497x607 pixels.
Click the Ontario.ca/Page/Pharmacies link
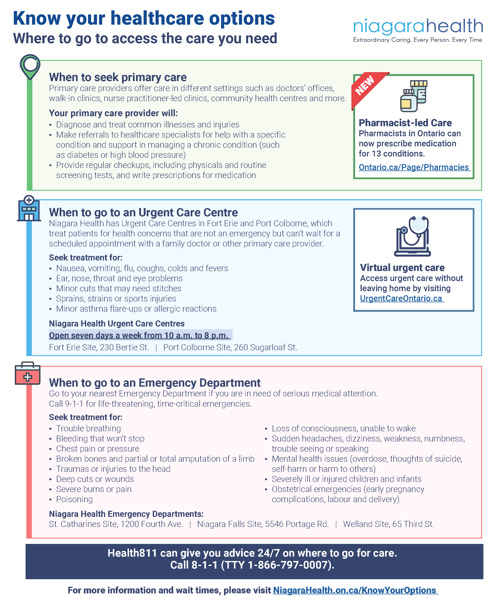tap(414, 167)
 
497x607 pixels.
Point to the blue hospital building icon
tap(29, 208)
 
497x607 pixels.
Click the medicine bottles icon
tap(414, 96)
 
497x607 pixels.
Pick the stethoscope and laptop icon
tap(413, 236)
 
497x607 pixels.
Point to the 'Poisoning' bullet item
tap(74, 499)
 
